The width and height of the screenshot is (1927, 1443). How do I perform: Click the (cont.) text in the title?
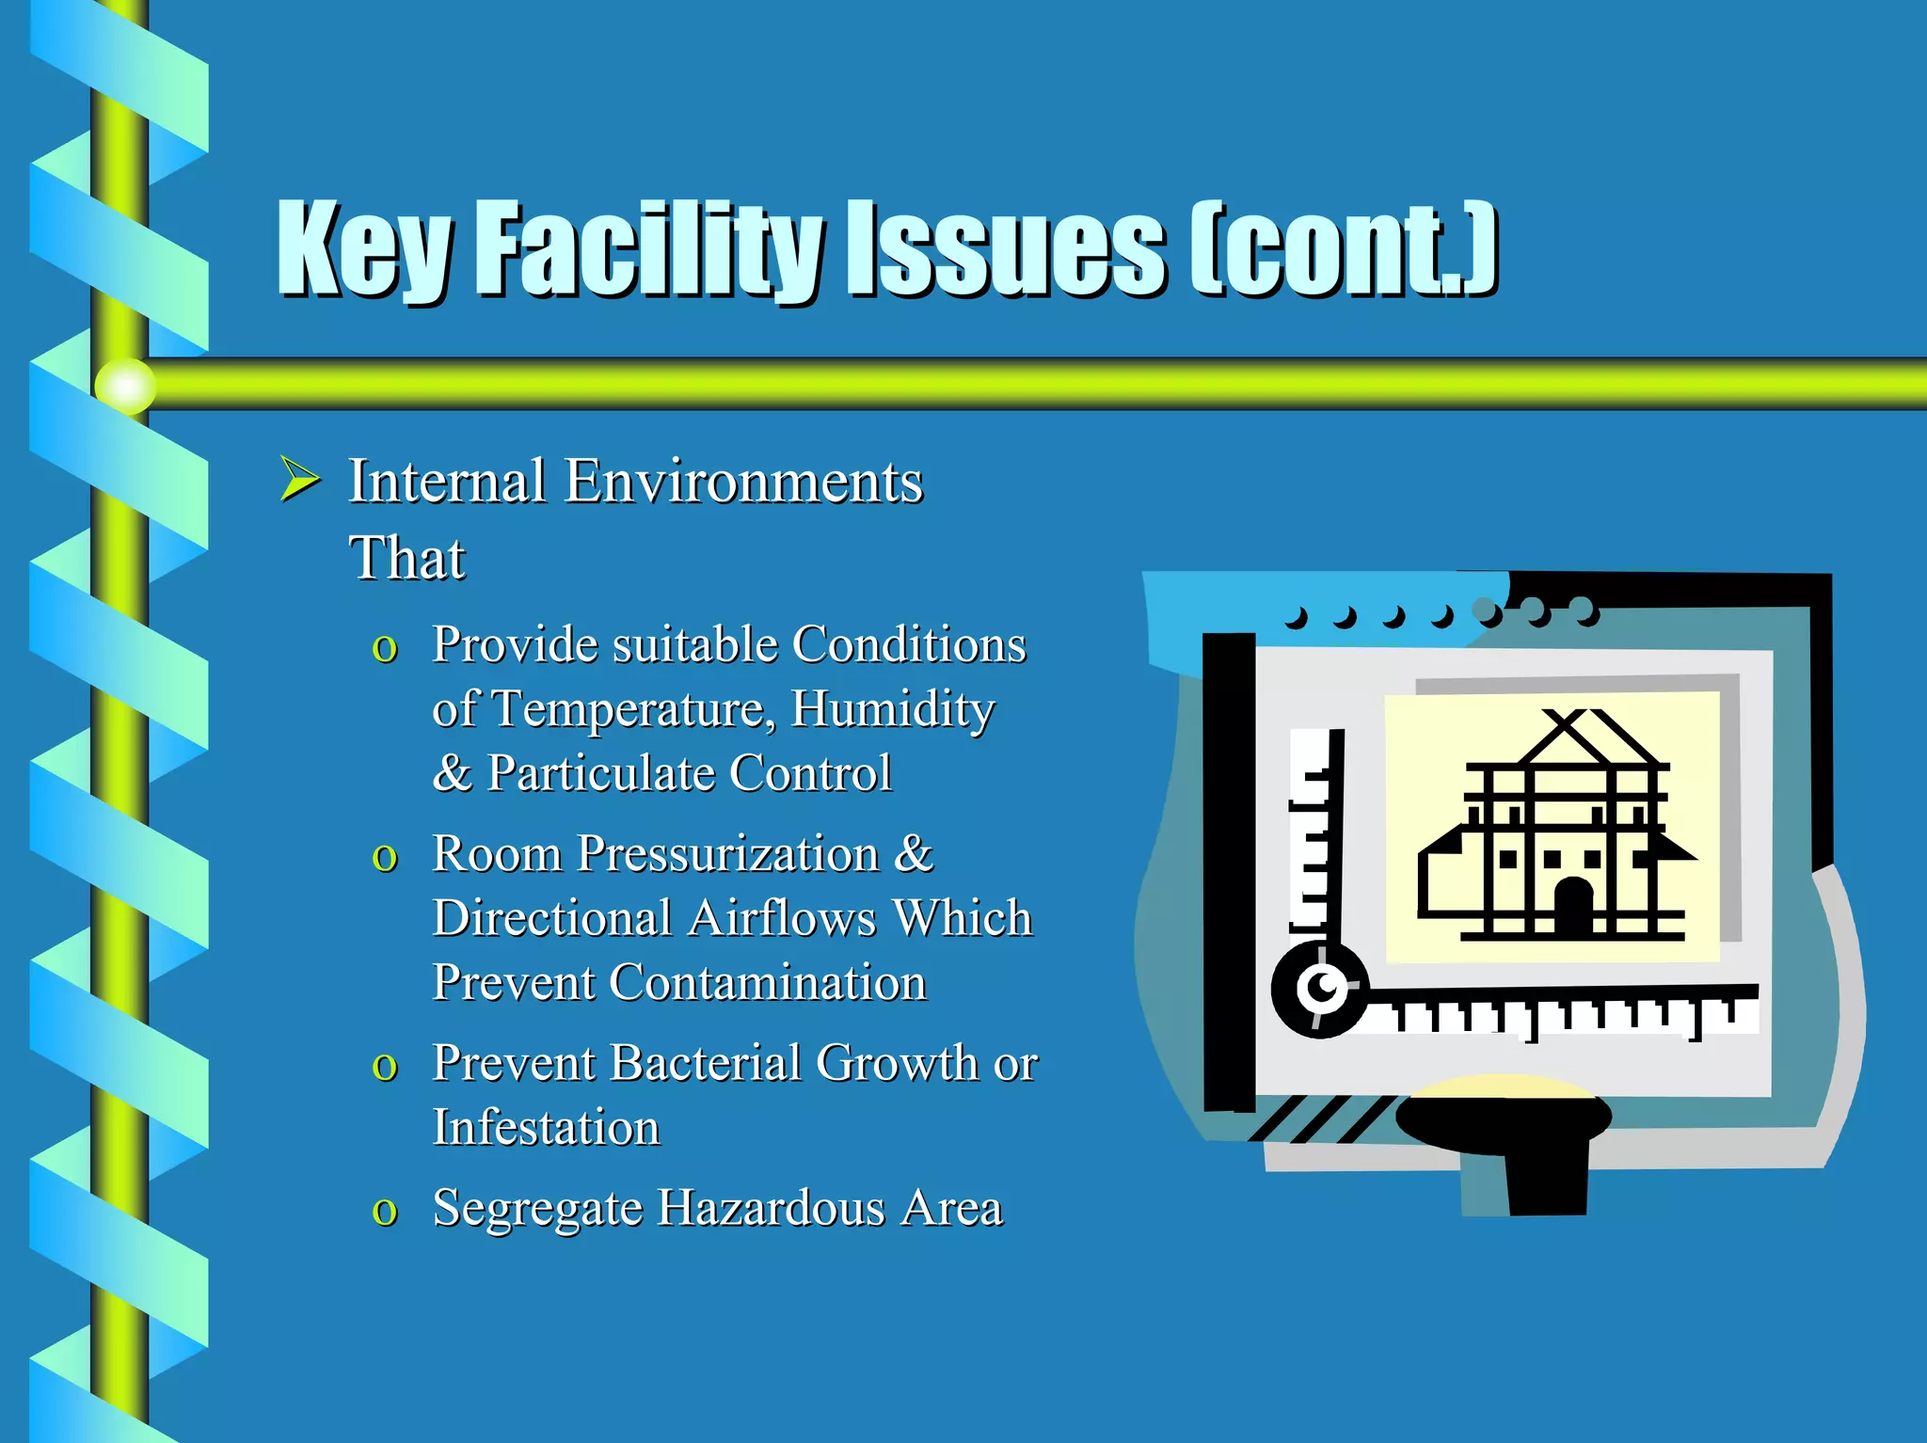1344,249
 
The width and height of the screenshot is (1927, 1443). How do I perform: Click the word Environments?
743,482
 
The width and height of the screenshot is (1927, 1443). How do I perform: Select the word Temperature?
632,709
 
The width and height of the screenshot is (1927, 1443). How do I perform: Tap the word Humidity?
892,709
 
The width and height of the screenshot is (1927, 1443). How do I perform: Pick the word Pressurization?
728,854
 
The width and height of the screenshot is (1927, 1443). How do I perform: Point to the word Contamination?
767,983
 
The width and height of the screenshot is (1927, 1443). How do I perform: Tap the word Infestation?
546,1128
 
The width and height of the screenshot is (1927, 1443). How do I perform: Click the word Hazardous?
771,1209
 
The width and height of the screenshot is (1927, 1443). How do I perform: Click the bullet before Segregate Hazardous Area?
385,1212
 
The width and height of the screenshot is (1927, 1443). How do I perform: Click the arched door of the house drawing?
1573,905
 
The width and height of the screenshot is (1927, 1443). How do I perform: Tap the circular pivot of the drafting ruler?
1322,989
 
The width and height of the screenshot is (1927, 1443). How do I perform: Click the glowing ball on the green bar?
125,386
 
